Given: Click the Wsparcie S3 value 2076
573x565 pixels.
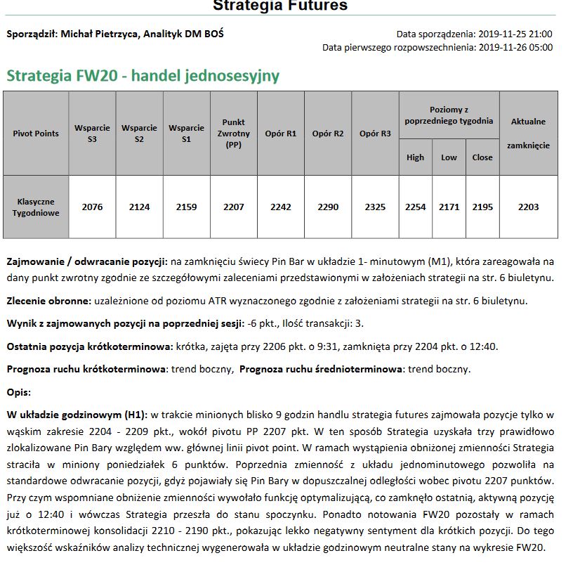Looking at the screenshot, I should (x=92, y=207).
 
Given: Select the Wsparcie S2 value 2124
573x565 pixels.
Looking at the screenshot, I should (x=139, y=207).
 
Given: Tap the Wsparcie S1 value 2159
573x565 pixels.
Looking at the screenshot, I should (x=186, y=207).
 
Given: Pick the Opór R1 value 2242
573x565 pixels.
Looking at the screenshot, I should (x=280, y=207).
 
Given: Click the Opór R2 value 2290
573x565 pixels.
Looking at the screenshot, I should (x=328, y=207).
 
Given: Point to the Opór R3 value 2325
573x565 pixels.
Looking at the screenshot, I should (x=376, y=207).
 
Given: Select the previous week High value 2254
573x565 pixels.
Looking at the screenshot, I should (x=416, y=207).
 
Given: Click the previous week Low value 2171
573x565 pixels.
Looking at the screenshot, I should (x=449, y=207).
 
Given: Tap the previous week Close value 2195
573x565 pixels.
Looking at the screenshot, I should (x=482, y=207).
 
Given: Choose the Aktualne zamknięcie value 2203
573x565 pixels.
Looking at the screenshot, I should (x=528, y=207).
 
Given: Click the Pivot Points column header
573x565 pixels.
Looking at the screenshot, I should (x=36, y=134).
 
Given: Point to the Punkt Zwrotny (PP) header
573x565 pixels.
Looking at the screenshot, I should (x=233, y=134).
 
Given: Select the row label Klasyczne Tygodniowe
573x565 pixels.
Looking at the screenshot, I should (x=36, y=207).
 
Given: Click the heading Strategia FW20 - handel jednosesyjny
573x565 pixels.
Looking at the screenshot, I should (x=143, y=76).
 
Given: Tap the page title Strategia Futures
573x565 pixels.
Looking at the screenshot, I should (x=280, y=6).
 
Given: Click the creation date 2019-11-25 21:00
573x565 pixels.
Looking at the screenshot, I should (x=515, y=34).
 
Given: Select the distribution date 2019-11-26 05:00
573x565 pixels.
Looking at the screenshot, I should (x=515, y=48).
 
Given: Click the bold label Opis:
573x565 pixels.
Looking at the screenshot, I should (x=19, y=392).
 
